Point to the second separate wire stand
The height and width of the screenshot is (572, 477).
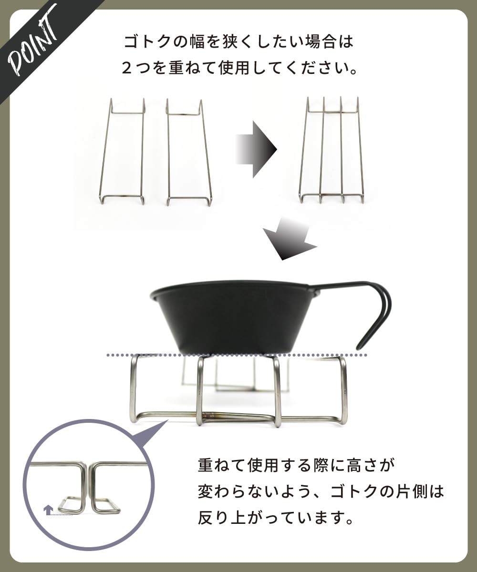point(188,153)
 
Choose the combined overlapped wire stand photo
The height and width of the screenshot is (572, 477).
point(332,151)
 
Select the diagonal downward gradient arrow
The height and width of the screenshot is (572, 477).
point(289,238)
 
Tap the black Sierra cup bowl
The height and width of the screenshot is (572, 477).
point(234,317)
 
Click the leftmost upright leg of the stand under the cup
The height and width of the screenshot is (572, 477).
point(134,388)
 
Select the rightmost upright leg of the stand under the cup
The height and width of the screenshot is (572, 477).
point(343,388)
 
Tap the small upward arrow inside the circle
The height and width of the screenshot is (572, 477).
point(48,510)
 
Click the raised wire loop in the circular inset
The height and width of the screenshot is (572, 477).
point(72,505)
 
